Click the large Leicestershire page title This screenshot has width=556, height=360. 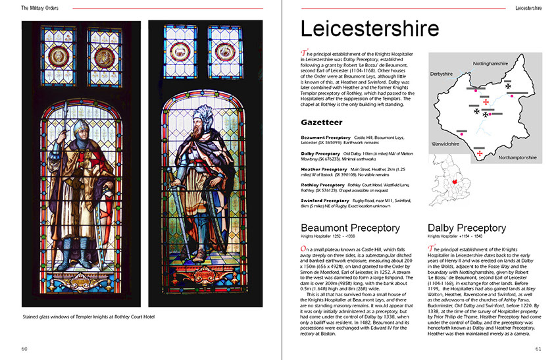(369, 30)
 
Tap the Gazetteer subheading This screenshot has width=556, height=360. (322, 122)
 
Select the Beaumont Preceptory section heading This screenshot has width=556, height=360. (351, 228)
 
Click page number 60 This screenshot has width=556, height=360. (24, 348)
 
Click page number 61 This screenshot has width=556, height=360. (538, 348)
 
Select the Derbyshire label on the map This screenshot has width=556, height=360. (442, 74)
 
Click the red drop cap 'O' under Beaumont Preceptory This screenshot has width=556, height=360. (303, 249)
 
